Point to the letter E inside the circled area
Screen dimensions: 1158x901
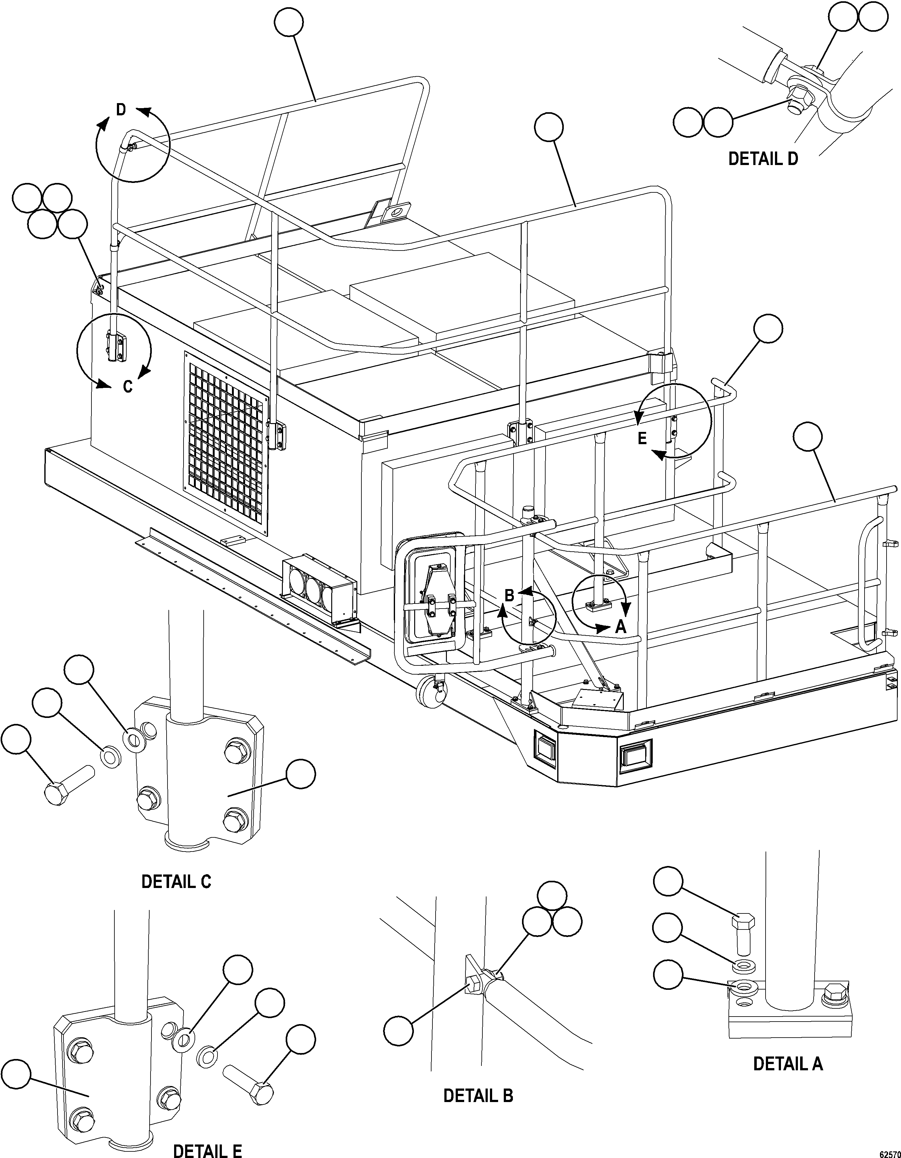point(642,438)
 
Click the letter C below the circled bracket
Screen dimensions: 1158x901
point(127,387)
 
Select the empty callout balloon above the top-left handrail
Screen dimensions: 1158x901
point(289,23)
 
